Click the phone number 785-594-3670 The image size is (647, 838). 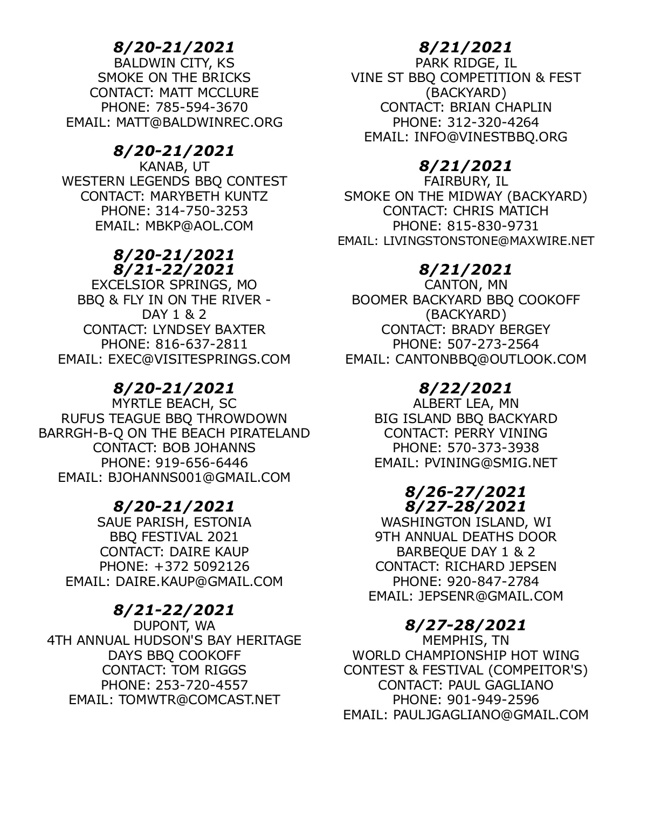[x=201, y=107]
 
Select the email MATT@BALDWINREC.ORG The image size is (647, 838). [x=199, y=122]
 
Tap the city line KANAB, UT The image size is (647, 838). [x=174, y=166]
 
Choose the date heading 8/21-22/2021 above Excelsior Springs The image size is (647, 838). [x=174, y=269]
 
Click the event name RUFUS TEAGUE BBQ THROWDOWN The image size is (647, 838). [x=174, y=418]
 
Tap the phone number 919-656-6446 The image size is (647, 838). [x=201, y=462]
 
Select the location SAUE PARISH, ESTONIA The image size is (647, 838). [x=174, y=522]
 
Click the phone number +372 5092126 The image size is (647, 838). [x=201, y=567]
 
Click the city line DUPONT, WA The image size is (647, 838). [x=174, y=625]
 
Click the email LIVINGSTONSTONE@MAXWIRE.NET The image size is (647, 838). [x=488, y=241]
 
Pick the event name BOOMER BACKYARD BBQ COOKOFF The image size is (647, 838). [x=466, y=299]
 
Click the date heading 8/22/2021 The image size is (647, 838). [x=466, y=387]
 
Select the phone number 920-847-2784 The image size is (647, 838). [x=493, y=581]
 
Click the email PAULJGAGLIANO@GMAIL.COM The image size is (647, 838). [x=490, y=715]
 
